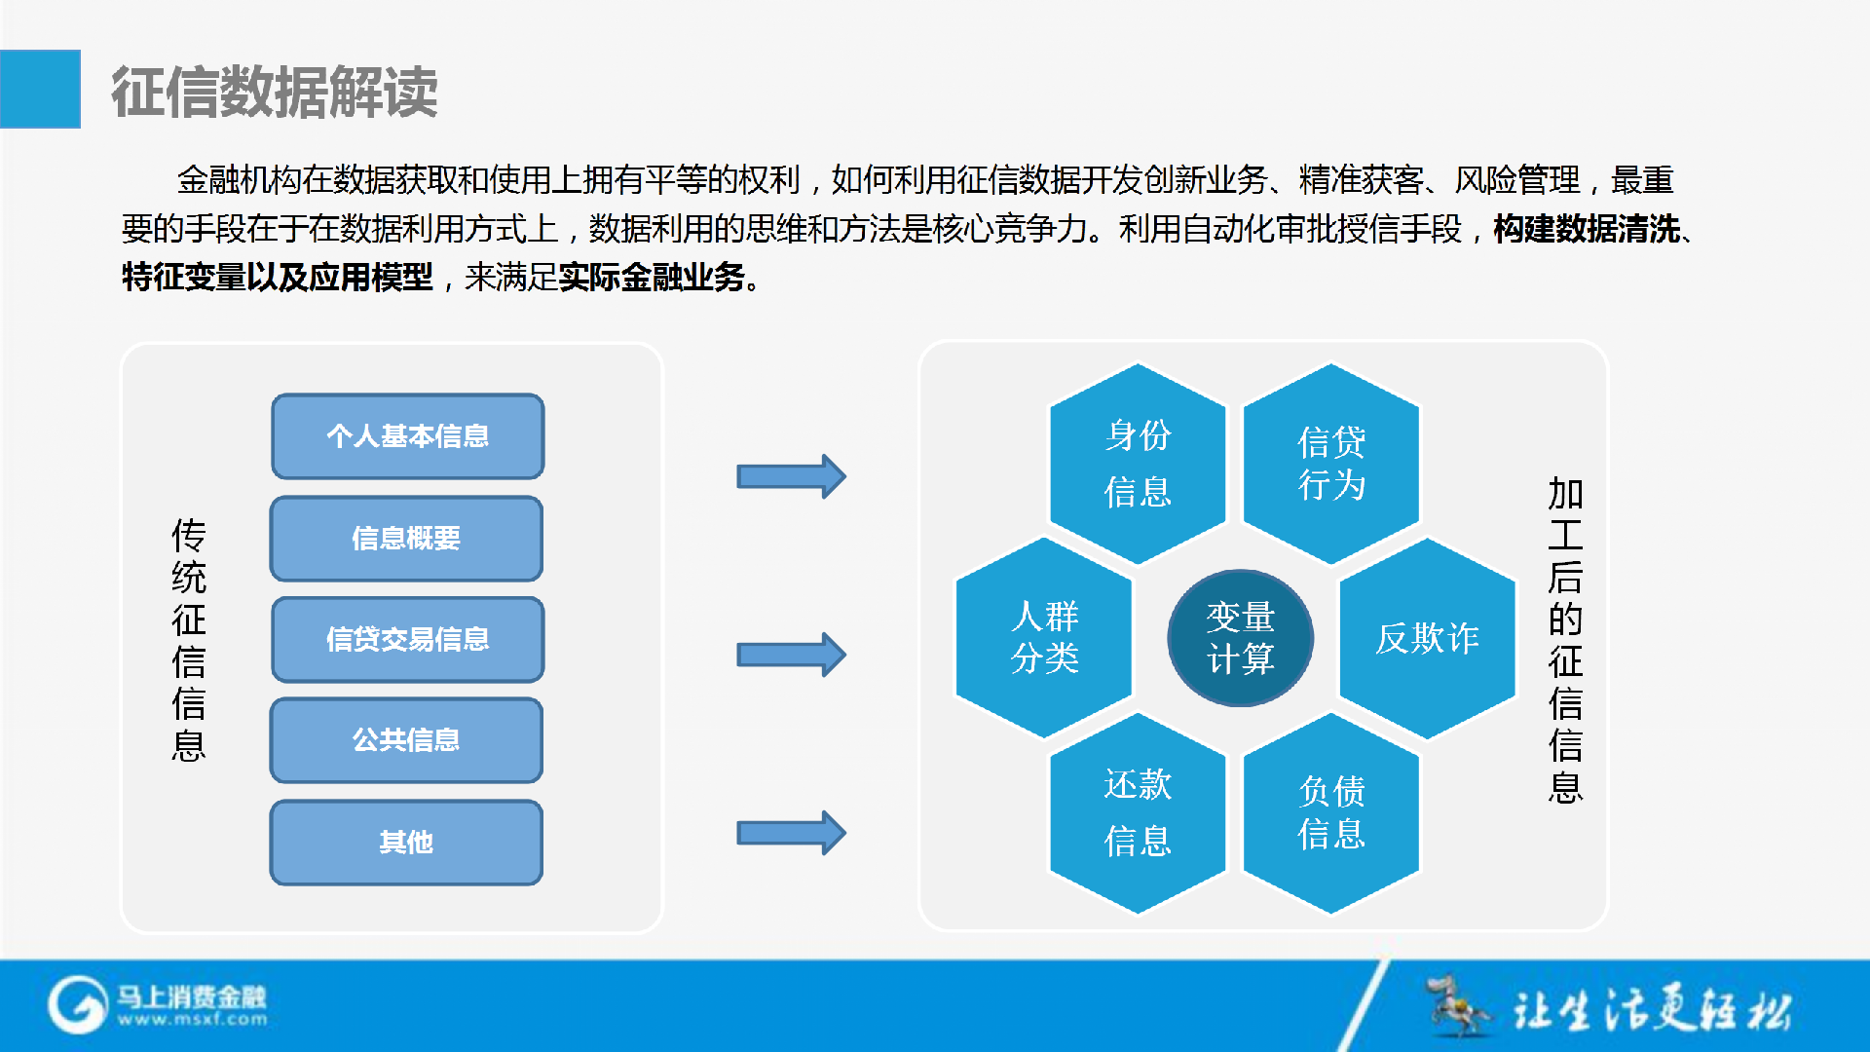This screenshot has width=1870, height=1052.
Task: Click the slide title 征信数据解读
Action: click(x=274, y=93)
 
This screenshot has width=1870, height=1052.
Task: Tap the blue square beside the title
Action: click(x=40, y=89)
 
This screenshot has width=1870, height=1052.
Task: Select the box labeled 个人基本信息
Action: click(x=407, y=436)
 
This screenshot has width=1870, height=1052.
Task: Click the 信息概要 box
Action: click(x=406, y=539)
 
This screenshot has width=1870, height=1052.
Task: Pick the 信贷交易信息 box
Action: click(x=407, y=640)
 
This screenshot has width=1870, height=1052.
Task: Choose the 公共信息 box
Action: click(x=406, y=740)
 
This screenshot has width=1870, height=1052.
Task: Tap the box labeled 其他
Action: click(x=406, y=843)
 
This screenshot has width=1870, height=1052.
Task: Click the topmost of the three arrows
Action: click(x=791, y=476)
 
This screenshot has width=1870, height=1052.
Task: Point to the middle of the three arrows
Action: click(x=791, y=655)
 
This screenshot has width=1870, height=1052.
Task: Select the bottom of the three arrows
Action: click(x=791, y=833)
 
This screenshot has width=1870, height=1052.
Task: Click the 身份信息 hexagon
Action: click(x=1138, y=464)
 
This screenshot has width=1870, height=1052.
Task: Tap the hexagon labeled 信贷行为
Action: click(x=1331, y=464)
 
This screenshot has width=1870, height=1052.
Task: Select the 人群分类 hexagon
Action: click(x=1044, y=638)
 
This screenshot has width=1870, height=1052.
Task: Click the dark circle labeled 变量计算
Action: click(x=1241, y=638)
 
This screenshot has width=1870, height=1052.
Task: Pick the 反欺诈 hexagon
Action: click(x=1428, y=638)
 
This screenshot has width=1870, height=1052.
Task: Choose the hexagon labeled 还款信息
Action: click(x=1138, y=813)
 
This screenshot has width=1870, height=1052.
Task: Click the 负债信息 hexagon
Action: click(x=1331, y=813)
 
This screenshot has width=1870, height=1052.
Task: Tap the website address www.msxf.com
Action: click(x=192, y=1020)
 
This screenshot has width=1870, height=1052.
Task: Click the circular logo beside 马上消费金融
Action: click(x=77, y=1005)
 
